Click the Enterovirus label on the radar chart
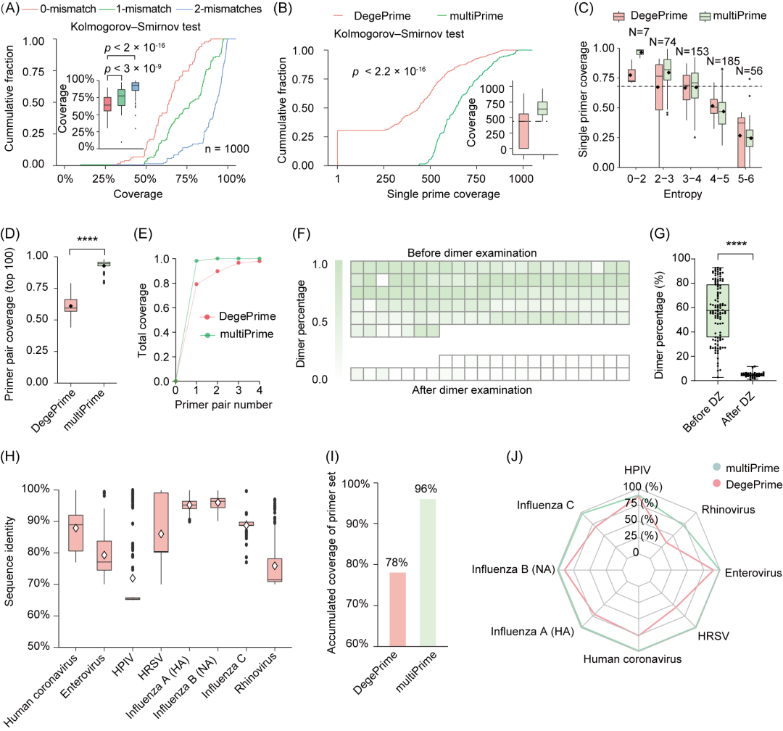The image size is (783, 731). pos(750,572)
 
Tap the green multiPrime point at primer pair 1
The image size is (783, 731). pos(196,261)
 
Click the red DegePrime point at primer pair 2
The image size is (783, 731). pos(217,271)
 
